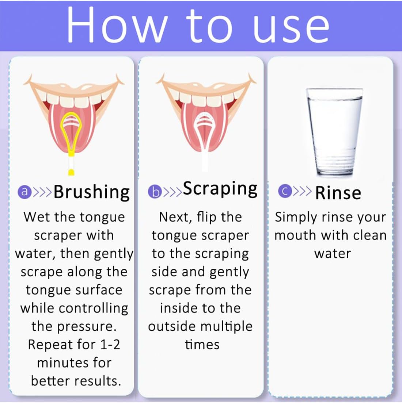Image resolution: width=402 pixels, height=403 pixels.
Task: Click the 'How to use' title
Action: tap(198, 25)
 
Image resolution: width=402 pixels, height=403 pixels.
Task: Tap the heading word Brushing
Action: tap(92, 192)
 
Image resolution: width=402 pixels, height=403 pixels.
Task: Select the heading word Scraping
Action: tap(220, 189)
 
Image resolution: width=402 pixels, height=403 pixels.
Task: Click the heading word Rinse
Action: tap(338, 193)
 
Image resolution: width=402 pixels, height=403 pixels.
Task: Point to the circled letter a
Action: tap(24, 192)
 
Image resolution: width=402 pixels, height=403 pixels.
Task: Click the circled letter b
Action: tap(155, 192)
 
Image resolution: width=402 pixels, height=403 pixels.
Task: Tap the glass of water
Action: tap(334, 131)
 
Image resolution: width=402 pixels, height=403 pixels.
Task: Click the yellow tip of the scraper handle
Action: tap(71, 172)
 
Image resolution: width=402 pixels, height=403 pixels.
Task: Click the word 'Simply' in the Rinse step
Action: tap(296, 218)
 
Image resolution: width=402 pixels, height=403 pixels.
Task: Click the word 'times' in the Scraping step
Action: tap(202, 345)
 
